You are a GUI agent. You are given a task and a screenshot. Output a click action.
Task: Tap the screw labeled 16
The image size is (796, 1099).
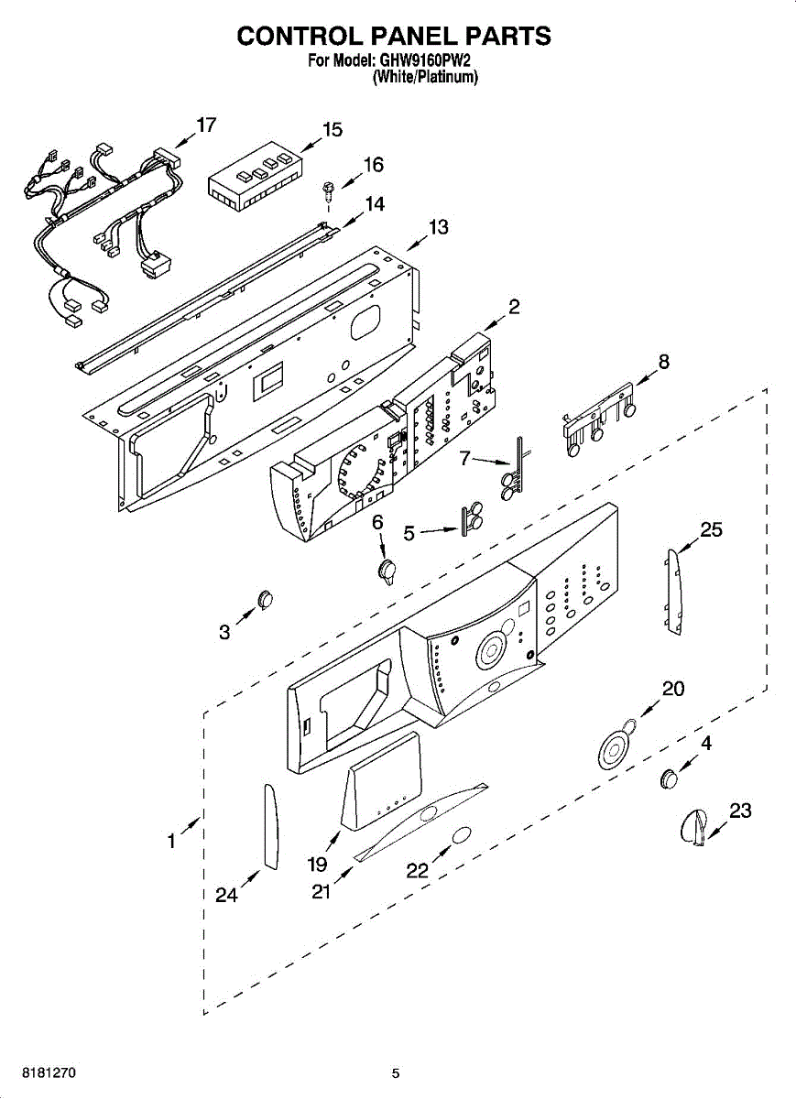[x=327, y=190]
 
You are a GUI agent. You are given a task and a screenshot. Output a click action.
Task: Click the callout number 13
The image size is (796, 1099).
[x=439, y=226]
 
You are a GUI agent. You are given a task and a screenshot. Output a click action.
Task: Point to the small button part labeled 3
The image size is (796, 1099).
[x=266, y=598]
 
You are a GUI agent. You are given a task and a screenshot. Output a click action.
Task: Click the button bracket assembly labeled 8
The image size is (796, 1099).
[x=597, y=423]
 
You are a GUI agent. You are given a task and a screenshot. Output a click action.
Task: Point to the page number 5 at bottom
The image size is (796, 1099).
[x=396, y=1073]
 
